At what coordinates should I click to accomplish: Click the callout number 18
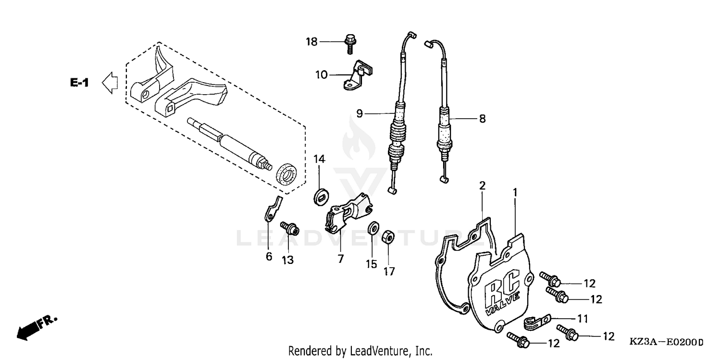pos(312,42)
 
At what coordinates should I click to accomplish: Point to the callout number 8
pos(482,118)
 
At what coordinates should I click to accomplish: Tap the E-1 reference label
pos(79,83)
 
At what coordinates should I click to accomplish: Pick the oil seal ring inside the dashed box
pos(287,174)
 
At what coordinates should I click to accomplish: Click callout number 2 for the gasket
pos(482,185)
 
